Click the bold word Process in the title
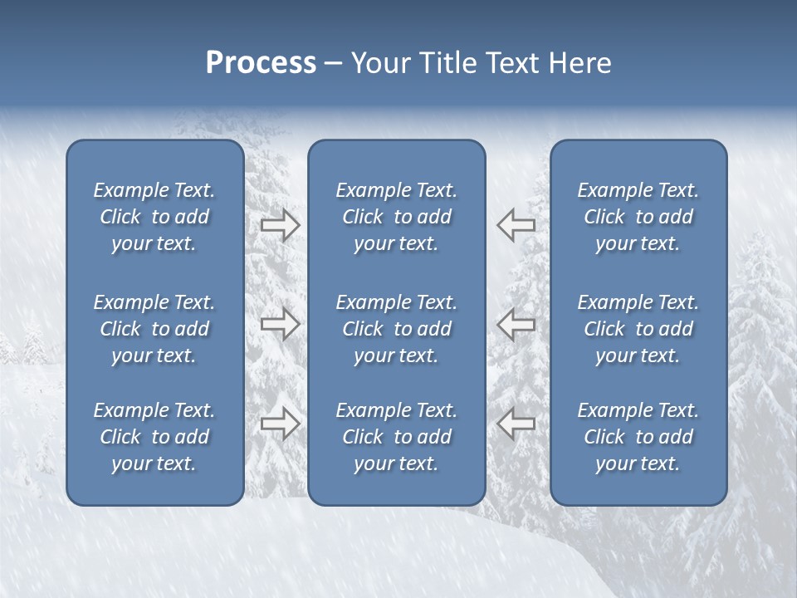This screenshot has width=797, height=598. point(261,63)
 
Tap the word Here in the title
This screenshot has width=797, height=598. point(579,63)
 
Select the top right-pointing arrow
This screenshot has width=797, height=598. point(280,225)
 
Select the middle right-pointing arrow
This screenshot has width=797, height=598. point(280,324)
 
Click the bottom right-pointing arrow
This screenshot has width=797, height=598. point(280,423)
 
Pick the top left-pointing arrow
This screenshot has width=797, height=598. point(516,225)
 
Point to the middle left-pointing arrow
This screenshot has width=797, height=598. point(516,324)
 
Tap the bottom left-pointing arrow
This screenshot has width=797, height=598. point(516,423)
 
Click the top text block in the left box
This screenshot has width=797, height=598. point(154,217)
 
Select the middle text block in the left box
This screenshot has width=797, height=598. point(154,329)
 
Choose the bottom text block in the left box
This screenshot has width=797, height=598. point(154,437)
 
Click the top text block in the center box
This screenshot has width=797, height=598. point(396,217)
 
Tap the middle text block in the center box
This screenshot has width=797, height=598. point(396,329)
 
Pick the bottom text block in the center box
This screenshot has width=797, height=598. point(396,437)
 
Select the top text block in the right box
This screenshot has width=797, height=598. point(638,217)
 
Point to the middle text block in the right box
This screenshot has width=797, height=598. point(638,329)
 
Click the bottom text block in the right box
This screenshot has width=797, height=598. point(638,437)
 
